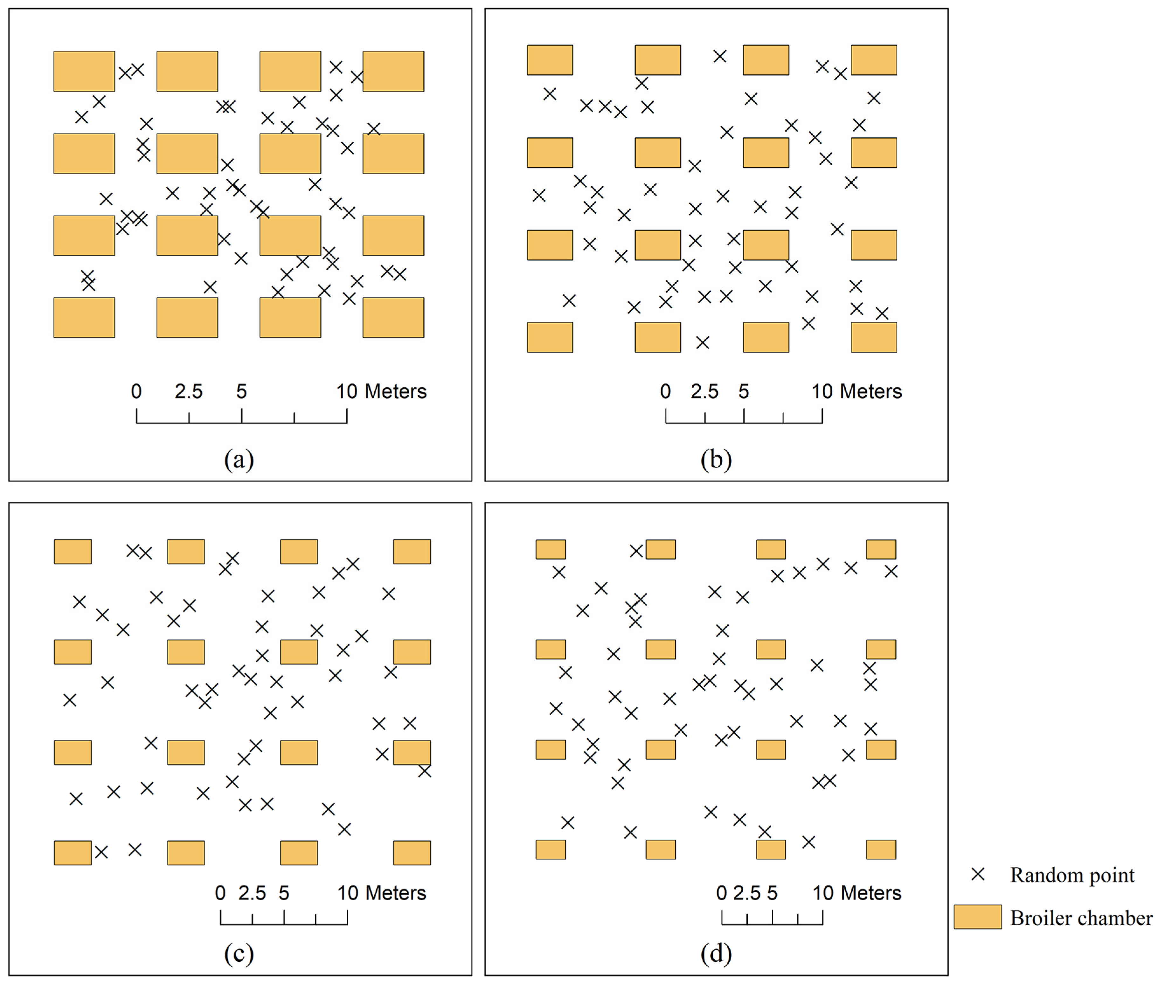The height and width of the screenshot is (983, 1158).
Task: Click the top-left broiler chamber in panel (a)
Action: [x=84, y=71]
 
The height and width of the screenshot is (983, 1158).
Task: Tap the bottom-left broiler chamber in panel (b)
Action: [x=550, y=337]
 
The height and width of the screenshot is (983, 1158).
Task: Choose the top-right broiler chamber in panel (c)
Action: [x=412, y=552]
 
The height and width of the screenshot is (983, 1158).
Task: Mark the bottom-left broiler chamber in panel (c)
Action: [x=73, y=853]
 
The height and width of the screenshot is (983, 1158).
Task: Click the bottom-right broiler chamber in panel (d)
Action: [x=880, y=849]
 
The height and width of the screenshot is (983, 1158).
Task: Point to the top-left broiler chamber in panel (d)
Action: [x=550, y=549]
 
